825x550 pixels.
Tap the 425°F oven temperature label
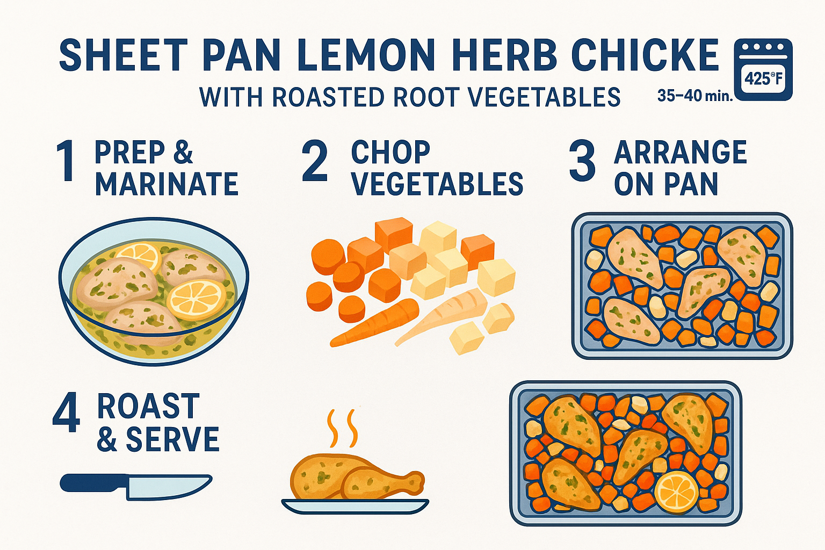coord(763,79)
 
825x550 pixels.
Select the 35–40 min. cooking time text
coord(694,96)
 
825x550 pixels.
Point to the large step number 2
coord(315,161)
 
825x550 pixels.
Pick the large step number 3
coord(582,161)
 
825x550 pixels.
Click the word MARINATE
coord(167,184)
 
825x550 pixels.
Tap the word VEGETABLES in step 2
coord(437,184)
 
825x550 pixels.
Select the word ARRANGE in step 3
coord(680,153)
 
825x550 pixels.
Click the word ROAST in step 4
coord(148,407)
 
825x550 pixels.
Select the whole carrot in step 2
coord(376,322)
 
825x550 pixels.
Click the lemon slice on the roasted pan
coord(676,491)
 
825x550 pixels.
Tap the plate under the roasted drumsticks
coord(355,505)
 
